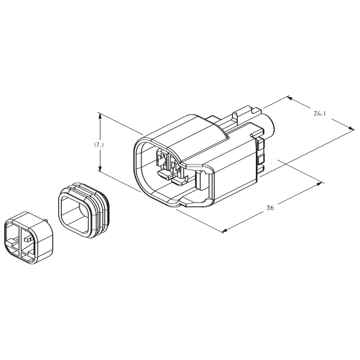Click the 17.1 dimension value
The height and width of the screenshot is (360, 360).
95,144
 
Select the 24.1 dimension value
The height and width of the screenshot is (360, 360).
320,113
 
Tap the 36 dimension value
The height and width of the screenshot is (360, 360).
270,208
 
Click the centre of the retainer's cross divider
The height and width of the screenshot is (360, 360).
20,239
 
